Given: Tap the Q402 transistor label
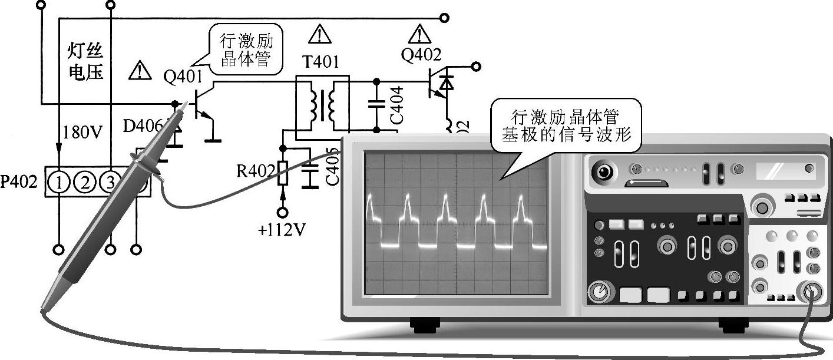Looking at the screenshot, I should [x=421, y=55].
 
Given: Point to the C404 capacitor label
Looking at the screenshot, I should [x=396, y=105].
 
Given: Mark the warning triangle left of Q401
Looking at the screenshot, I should [x=140, y=71].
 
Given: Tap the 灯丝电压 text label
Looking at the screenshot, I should [x=85, y=62].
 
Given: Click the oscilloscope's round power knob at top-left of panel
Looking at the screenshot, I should [x=603, y=172].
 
